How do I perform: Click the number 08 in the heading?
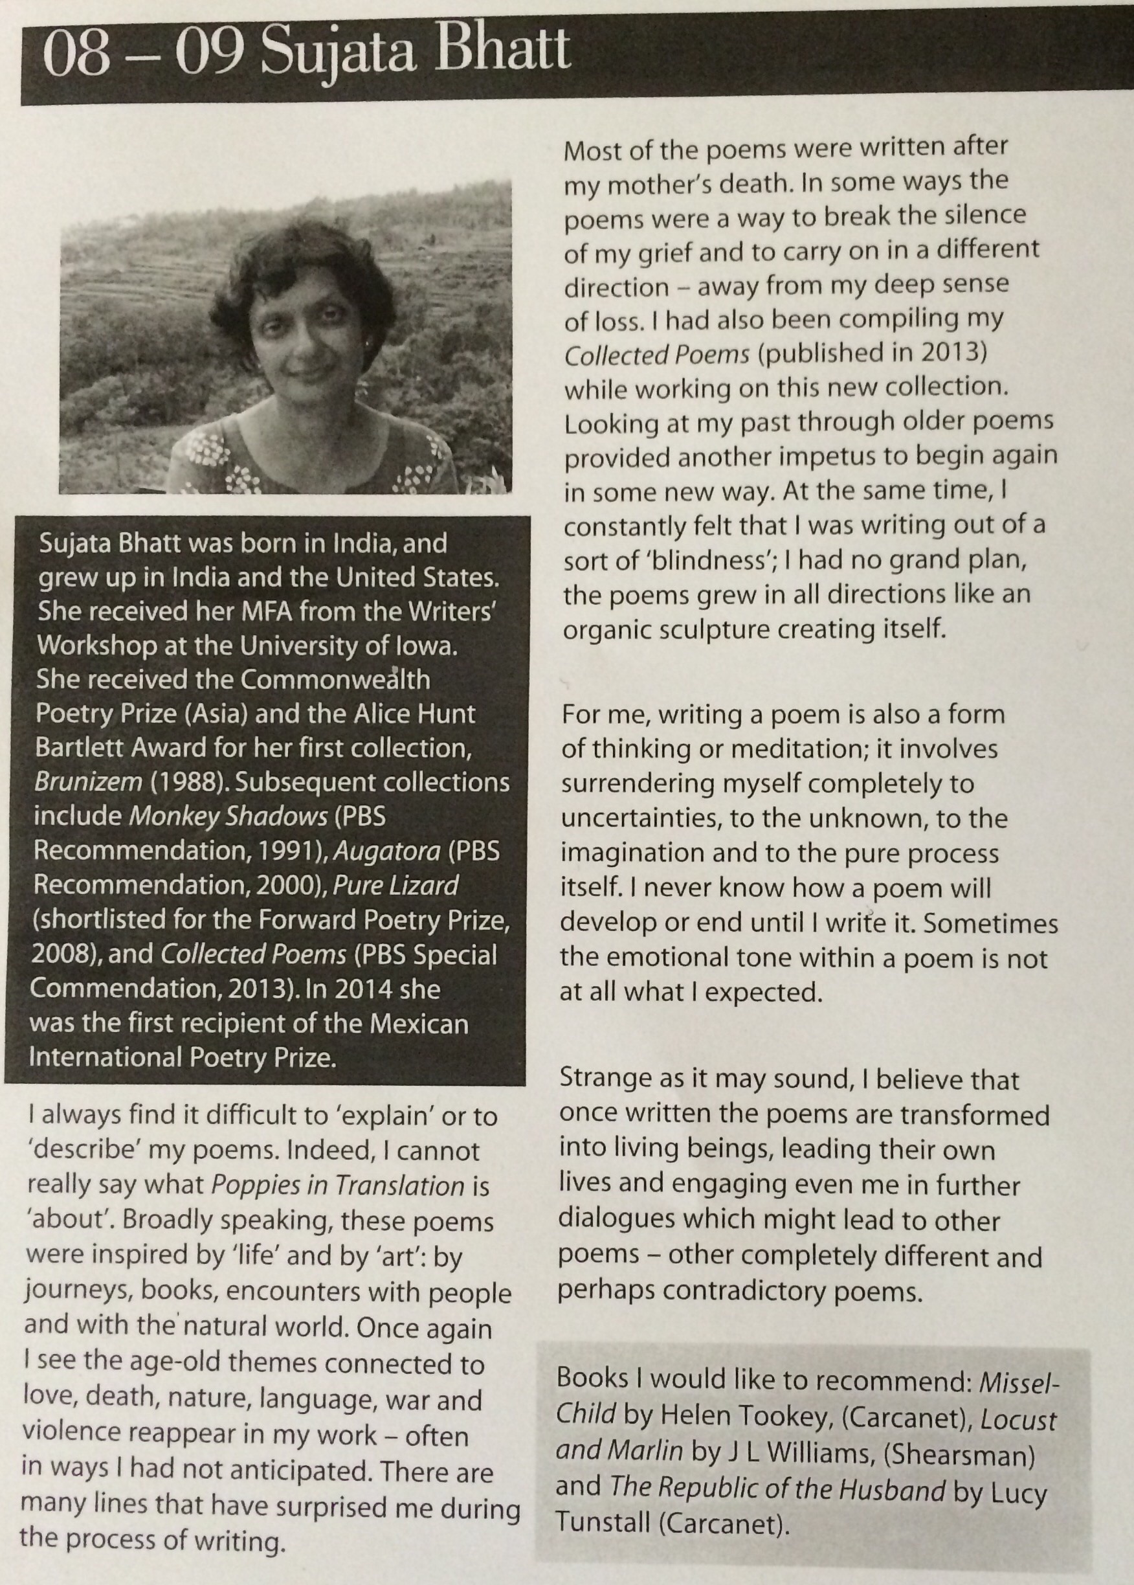point(76,54)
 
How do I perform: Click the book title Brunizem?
point(87,781)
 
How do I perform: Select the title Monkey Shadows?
point(229,816)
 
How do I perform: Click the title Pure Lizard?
point(395,885)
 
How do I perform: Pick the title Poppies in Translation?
point(337,1186)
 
